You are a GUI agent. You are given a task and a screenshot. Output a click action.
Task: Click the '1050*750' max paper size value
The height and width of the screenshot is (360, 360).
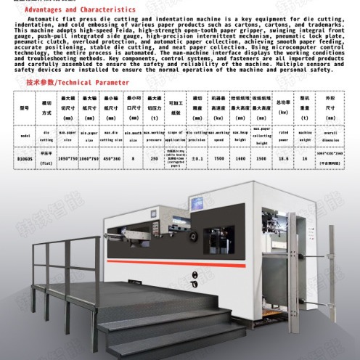click(x=68, y=157)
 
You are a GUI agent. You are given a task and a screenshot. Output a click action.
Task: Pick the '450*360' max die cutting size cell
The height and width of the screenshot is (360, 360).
click(x=111, y=157)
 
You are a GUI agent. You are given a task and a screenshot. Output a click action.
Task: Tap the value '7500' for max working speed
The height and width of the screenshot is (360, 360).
click(x=219, y=157)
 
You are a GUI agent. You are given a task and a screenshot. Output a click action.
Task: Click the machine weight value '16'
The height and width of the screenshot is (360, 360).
click(x=305, y=157)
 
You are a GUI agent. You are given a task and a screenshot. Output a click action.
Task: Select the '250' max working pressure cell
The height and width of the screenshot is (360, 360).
click(x=154, y=157)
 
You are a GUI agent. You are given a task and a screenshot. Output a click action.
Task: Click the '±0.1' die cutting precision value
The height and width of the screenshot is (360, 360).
click(x=197, y=157)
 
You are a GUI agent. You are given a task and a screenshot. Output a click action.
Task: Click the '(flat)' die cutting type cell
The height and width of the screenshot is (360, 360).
click(x=46, y=163)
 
